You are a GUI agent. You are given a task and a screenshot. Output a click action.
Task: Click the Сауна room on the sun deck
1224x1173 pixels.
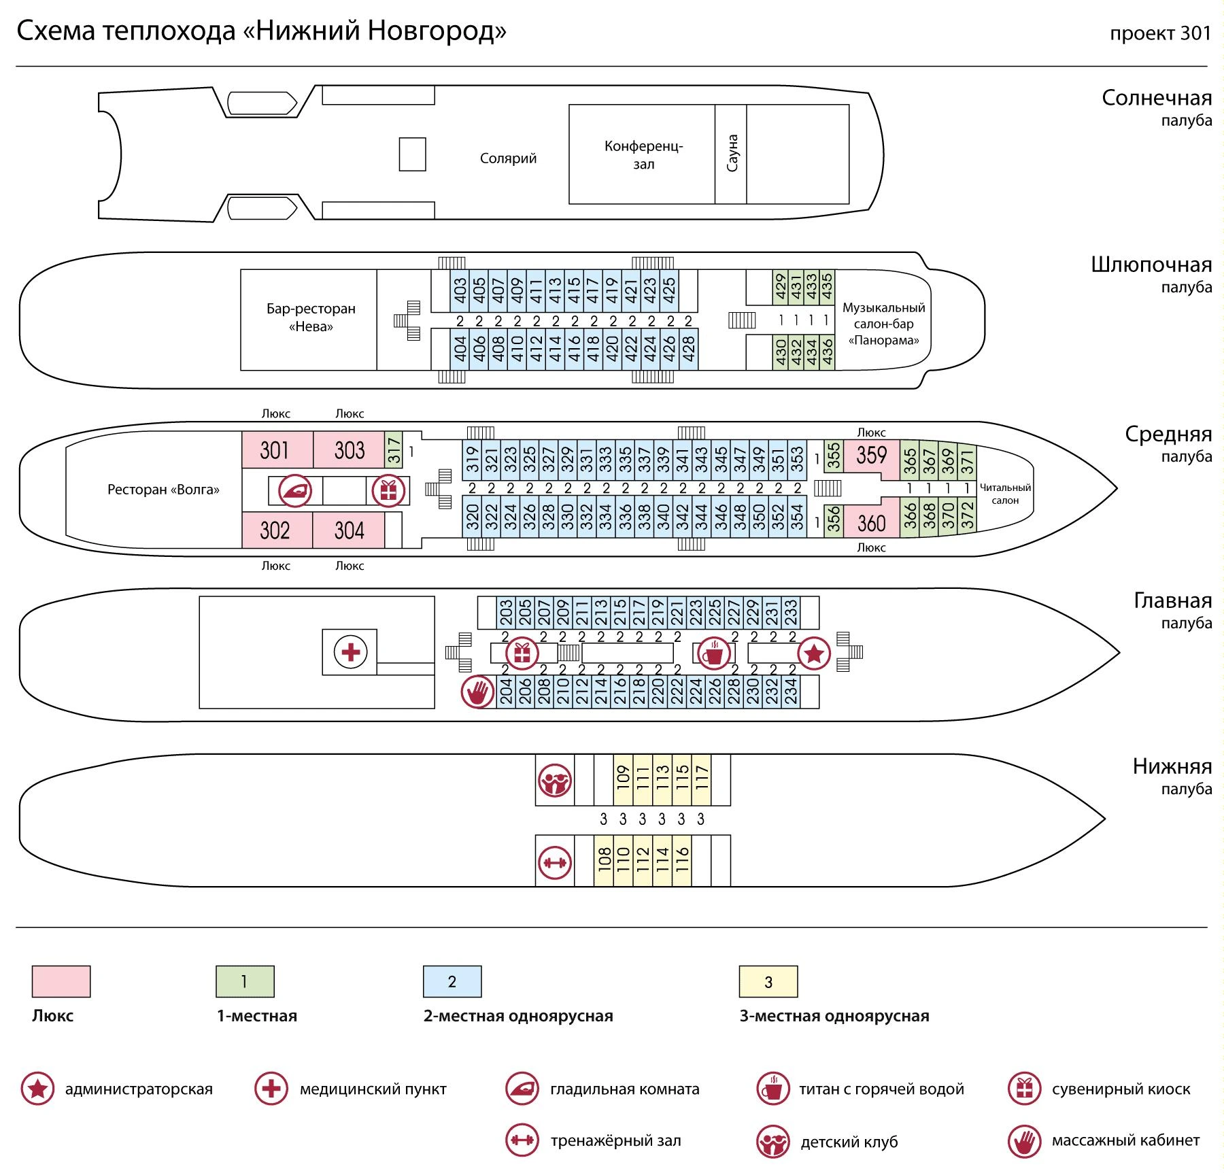(731, 154)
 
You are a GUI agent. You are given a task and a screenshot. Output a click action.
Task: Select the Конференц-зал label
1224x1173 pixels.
(643, 155)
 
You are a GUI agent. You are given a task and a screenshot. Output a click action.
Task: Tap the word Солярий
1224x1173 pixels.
(508, 158)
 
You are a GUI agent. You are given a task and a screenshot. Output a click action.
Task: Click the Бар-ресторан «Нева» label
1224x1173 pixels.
(311, 318)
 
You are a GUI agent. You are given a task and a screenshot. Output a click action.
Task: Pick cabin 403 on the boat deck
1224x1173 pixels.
(460, 291)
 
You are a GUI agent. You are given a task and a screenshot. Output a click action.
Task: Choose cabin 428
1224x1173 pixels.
(688, 350)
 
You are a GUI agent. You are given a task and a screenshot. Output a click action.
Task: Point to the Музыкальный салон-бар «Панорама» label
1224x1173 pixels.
(883, 324)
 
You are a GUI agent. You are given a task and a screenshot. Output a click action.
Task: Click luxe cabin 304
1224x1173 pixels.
(349, 530)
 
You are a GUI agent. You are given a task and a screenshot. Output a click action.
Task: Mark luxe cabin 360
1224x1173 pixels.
(871, 523)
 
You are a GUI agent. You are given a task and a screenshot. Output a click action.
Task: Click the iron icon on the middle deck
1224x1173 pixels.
(295, 490)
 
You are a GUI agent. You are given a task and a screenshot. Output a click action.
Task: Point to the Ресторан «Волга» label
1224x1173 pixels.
(163, 490)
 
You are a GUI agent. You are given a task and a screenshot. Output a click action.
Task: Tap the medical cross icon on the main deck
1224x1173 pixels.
(350, 652)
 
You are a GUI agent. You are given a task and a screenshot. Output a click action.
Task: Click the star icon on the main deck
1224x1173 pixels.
(814, 654)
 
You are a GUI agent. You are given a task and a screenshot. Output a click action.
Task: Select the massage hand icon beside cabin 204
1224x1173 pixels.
(477, 692)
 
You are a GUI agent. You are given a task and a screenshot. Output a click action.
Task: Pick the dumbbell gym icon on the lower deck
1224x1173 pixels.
(555, 863)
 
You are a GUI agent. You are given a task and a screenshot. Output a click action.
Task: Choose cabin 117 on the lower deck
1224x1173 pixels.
(702, 780)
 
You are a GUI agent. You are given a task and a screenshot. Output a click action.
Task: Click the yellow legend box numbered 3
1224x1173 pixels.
(768, 981)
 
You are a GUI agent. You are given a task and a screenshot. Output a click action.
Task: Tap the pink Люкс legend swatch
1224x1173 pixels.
(61, 981)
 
